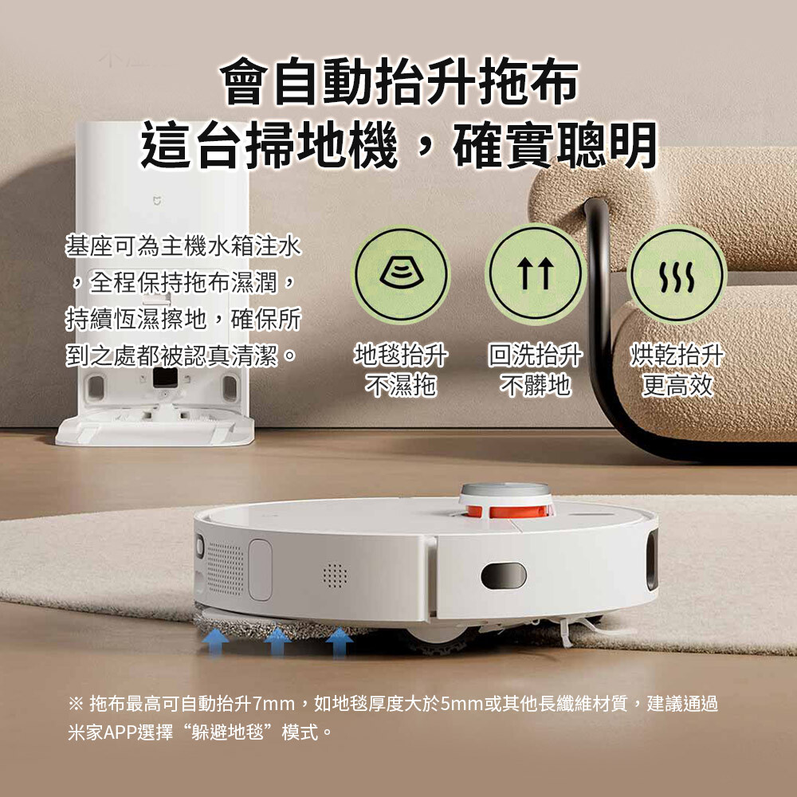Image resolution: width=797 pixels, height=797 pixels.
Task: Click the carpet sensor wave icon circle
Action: click(x=401, y=274)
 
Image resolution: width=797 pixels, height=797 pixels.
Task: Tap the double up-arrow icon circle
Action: click(x=536, y=274)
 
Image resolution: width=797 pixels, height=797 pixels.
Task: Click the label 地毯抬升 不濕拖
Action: click(x=401, y=370)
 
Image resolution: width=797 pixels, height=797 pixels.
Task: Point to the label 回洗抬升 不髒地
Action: click(x=536, y=370)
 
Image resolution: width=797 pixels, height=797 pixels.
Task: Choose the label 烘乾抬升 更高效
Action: click(x=677, y=370)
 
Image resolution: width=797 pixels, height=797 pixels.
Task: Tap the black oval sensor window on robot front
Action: click(x=503, y=576)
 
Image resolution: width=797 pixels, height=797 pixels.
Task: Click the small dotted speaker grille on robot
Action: click(x=335, y=575)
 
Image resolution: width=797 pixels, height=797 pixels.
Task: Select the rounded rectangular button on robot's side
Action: click(x=261, y=570)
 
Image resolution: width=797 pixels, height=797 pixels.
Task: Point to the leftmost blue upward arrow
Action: click(x=215, y=642)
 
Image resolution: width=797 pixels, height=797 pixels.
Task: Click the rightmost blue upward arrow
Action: click(x=339, y=642)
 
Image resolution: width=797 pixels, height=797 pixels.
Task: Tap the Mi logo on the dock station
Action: click(x=157, y=202)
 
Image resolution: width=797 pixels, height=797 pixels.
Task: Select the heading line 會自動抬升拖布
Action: click(x=399, y=80)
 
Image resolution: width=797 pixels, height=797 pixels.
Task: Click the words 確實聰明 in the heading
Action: click(x=555, y=145)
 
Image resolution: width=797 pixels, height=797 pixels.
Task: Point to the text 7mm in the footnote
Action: click(x=273, y=704)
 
